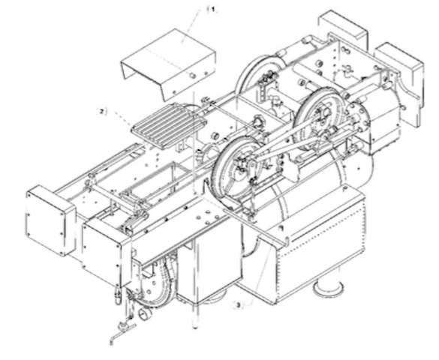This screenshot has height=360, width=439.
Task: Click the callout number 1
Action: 213,10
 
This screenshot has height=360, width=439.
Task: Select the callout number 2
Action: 102,112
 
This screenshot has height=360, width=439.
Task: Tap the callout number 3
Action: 238,305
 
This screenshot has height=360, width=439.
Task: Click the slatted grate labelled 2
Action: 169,126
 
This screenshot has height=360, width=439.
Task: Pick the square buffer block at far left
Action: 51,220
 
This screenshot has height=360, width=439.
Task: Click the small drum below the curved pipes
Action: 145,313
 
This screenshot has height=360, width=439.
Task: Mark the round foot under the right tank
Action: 328,288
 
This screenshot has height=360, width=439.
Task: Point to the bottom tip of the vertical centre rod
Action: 195,326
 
